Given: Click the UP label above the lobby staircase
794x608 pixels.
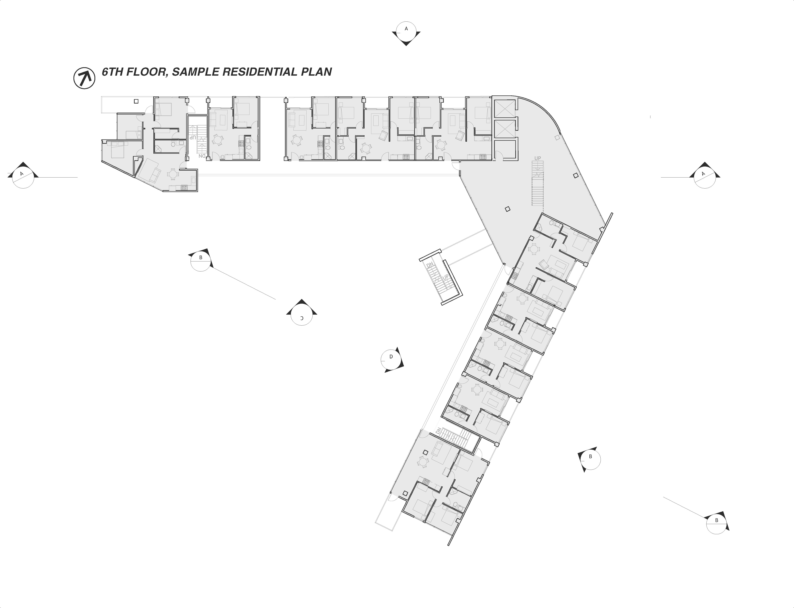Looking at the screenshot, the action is pyautogui.click(x=538, y=158).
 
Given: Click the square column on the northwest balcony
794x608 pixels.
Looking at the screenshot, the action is pyautogui.click(x=136, y=101).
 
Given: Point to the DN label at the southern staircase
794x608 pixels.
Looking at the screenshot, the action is pyautogui.click(x=439, y=431).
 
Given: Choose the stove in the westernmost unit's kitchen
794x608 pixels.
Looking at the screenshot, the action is pyautogui.click(x=184, y=187).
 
